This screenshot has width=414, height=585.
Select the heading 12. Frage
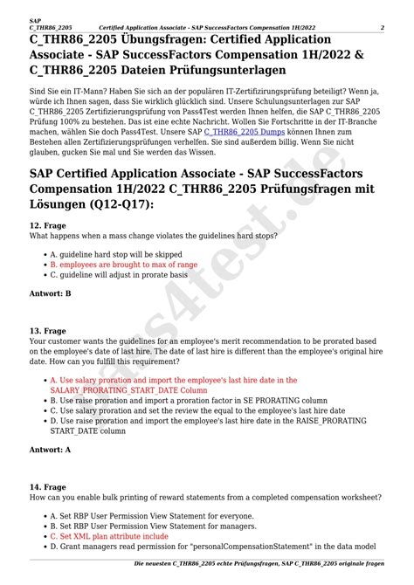click(x=48, y=225)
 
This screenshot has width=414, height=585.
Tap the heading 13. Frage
click(x=48, y=331)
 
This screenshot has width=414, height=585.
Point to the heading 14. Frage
click(x=48, y=485)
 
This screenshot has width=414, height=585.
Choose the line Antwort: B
click(x=51, y=294)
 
